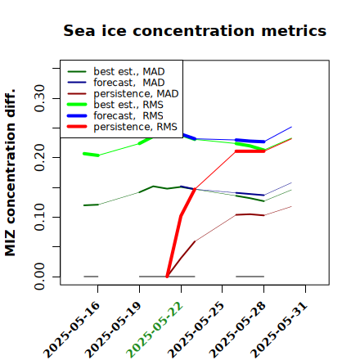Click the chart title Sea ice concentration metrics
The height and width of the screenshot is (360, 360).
coord(195,30)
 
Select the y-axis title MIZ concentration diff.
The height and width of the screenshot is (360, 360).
coord(10,173)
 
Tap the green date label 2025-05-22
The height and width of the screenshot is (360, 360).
coord(155,330)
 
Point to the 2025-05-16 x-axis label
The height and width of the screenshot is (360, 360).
coord(71,330)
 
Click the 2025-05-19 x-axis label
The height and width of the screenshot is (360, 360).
coord(113,330)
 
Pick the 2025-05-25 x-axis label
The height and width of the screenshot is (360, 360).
coord(196,330)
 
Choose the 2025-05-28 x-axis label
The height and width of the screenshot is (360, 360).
coord(237,330)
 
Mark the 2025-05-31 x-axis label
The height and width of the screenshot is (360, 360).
coord(279,330)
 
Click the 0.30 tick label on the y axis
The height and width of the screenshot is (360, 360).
coord(40,98)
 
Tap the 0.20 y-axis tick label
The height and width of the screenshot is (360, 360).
coord(40,157)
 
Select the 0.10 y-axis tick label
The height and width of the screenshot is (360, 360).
coord(40,217)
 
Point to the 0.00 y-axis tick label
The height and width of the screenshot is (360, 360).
coord(40,277)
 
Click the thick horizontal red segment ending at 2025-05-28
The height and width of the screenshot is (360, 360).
coord(250,151)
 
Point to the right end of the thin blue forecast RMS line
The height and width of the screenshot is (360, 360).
coord(291,127)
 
